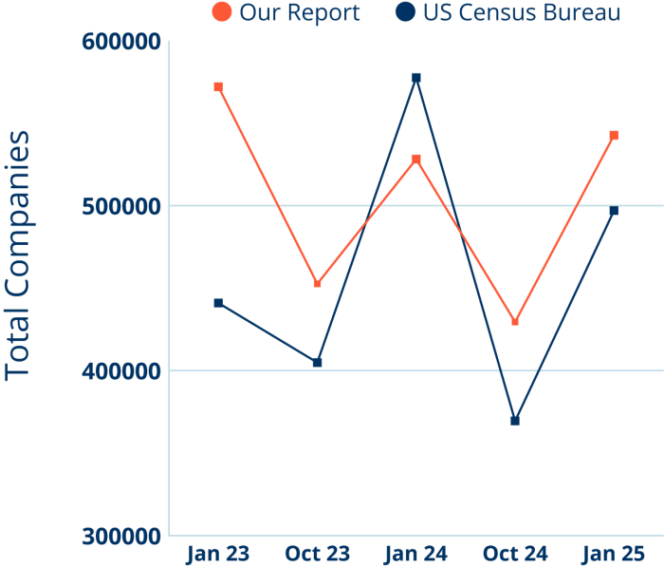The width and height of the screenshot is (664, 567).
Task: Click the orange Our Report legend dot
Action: pyautogui.click(x=222, y=12)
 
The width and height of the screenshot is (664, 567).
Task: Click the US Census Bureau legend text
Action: pyautogui.click(x=522, y=13)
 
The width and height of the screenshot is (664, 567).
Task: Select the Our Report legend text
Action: pyautogui.click(x=300, y=13)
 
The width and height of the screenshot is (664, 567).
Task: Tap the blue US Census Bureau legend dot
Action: pyautogui.click(x=406, y=12)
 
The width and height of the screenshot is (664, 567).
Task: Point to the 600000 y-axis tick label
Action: pyautogui.click(x=120, y=43)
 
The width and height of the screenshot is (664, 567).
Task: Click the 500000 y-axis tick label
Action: pyautogui.click(x=120, y=206)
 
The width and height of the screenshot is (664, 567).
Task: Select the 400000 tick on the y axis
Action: pyautogui.click(x=120, y=371)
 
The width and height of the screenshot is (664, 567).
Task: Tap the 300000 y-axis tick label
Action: pyautogui.click(x=120, y=537)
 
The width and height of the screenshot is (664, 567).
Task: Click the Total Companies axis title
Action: pyautogui.click(x=18, y=255)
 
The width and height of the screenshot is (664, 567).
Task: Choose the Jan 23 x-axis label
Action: pyautogui.click(x=218, y=554)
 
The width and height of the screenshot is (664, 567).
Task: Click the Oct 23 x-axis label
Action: pyautogui.click(x=317, y=554)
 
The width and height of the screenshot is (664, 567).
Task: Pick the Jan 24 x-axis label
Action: pyautogui.click(x=415, y=554)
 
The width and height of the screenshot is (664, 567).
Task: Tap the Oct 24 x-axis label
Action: pyautogui.click(x=514, y=554)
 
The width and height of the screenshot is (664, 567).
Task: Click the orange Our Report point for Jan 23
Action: pyautogui.click(x=218, y=86)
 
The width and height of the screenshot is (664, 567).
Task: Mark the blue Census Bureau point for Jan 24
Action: pyautogui.click(x=415, y=77)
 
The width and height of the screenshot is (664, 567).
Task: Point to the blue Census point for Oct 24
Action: pyautogui.click(x=514, y=421)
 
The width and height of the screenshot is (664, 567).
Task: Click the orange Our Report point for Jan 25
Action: pyautogui.click(x=614, y=136)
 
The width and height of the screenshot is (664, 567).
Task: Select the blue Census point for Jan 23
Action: pyautogui.click(x=218, y=303)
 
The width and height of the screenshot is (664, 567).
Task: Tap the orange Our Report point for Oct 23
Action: pyautogui.click(x=317, y=283)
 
